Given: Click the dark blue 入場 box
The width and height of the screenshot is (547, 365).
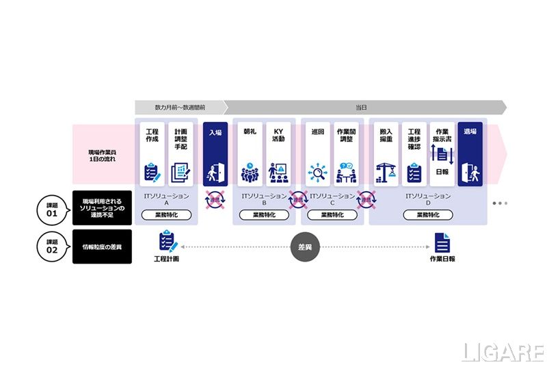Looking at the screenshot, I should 215,154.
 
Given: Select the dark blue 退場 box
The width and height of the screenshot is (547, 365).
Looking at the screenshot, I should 469,154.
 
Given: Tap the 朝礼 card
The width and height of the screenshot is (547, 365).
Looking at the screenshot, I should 250,154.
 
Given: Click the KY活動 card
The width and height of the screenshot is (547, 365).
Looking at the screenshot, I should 278,154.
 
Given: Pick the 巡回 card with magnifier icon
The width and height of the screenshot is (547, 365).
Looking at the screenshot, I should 317,154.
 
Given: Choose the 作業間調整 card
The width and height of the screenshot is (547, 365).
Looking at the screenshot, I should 347,154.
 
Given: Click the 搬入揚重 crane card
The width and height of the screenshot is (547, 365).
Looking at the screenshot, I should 386,154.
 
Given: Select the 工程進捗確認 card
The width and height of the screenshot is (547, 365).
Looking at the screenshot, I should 414,154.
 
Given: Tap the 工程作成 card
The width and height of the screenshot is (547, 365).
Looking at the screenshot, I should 152,154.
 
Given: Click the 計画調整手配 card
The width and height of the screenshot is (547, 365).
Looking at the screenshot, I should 181,154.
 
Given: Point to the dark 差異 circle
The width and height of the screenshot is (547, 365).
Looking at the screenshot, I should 304,247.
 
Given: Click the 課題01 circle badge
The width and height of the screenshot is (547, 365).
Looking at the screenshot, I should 52,208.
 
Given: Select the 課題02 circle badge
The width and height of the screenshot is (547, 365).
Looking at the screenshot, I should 52,247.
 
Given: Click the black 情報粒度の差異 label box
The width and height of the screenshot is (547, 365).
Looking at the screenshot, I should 102,247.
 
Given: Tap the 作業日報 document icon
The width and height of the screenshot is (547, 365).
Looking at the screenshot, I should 442,242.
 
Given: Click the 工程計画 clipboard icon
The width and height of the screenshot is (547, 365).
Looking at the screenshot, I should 167,241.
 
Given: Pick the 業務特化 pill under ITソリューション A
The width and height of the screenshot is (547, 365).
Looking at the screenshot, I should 166,214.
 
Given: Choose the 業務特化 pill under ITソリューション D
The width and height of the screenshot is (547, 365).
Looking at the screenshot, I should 428,214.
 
